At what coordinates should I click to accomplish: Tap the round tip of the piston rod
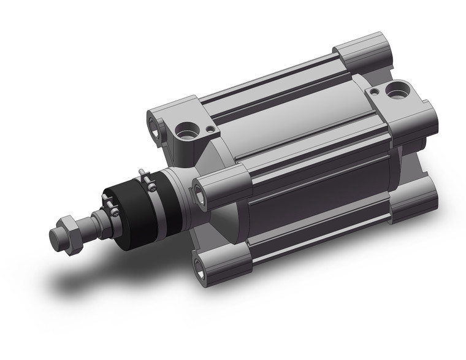click(x=55, y=235)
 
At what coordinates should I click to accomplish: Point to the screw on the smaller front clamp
click(x=113, y=210)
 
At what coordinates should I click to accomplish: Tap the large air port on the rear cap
click(x=394, y=92)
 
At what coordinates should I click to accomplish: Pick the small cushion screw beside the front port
click(x=210, y=129)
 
